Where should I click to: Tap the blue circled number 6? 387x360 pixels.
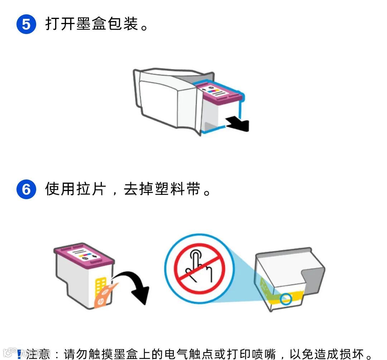[26, 189]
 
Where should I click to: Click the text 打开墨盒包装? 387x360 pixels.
[91, 24]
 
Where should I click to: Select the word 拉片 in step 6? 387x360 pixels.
[91, 189]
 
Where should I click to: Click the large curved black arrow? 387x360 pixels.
[138, 287]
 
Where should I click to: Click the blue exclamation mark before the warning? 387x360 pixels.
[19, 354]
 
